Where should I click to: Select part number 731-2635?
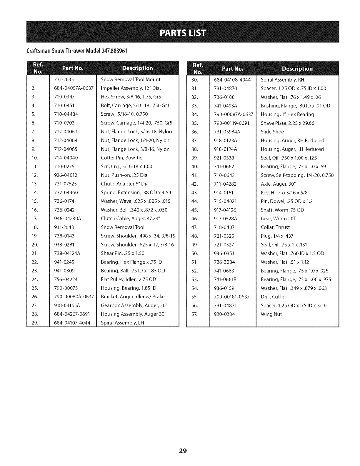coord(64,79)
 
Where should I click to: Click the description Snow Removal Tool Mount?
coord(130,79)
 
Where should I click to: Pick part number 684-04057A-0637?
coord(74,88)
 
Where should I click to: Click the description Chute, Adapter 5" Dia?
coord(124,184)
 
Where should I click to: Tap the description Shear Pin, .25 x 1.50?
coord(122,253)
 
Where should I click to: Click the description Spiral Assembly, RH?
coord(283,80)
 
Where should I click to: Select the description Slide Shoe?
coord(272,132)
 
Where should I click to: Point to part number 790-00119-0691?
coord(232,123)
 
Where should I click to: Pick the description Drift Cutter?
coord(273,297)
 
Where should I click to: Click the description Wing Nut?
coord(271,314)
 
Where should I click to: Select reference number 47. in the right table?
coord(195,227)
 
